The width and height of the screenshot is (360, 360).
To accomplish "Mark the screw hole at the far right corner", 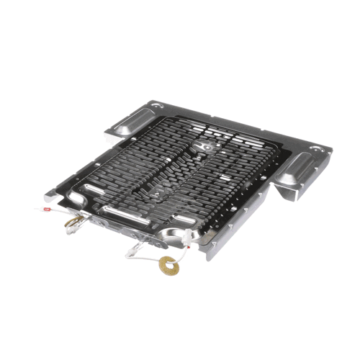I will [316, 150].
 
